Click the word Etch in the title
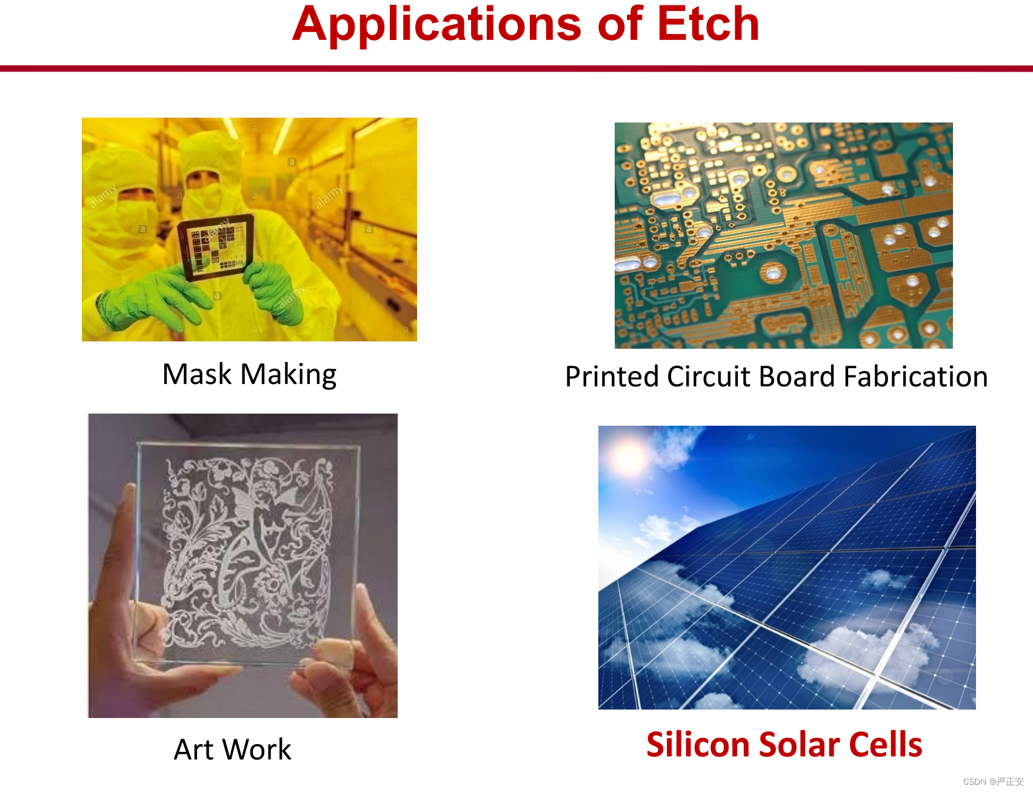tap(708, 24)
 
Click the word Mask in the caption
tap(197, 374)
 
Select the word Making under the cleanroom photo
tap(289, 375)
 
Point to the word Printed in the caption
tap(612, 376)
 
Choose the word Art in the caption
tap(194, 750)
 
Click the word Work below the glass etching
tap(257, 750)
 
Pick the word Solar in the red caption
tap(798, 744)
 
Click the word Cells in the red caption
tap(885, 744)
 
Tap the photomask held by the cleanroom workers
tap(215, 246)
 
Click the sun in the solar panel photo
tap(629, 456)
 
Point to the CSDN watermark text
tap(993, 782)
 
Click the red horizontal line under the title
tap(516, 69)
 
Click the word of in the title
tap(620, 24)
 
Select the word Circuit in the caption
tap(709, 376)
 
